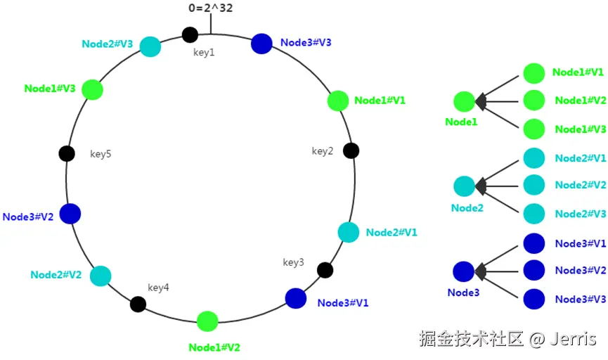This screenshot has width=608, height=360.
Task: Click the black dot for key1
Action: point(190,34)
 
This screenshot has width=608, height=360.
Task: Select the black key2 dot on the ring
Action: point(351,150)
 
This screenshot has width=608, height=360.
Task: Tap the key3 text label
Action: point(294,262)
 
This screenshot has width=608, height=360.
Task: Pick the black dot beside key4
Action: point(138,304)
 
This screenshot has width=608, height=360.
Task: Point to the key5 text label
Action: point(101,154)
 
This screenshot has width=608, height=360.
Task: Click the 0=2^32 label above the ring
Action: point(210,9)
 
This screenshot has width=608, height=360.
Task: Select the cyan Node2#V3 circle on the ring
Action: point(150,46)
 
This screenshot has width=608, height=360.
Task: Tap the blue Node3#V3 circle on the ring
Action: point(261,43)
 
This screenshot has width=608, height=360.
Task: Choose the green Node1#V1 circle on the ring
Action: point(338,101)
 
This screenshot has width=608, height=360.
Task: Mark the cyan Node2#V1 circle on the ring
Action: point(349,232)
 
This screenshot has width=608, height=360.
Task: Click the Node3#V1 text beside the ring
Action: point(343,303)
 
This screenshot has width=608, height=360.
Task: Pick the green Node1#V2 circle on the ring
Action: point(207,321)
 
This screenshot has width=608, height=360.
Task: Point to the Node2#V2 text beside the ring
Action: point(56,275)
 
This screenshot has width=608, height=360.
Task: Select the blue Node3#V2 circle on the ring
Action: point(70,214)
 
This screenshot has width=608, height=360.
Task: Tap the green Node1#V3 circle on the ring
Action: point(93,89)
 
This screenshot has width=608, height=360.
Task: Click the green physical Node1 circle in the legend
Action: point(464,102)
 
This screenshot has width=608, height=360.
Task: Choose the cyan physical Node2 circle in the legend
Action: point(464,186)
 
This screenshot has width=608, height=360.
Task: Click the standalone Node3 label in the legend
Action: point(464,292)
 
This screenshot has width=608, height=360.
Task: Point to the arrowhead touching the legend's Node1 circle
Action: point(481,102)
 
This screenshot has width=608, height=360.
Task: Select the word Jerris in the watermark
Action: point(573,340)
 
